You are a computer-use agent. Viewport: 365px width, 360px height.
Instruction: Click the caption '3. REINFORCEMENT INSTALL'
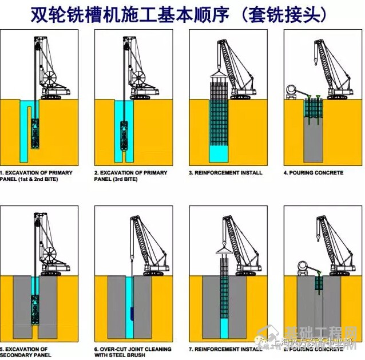225,172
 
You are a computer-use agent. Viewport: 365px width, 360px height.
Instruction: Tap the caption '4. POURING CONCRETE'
314,172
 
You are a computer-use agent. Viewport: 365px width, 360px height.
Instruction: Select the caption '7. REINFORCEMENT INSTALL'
225,349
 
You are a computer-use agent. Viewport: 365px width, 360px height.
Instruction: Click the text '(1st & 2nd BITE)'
29,179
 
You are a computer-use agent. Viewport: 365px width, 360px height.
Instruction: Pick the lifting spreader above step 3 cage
217,72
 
